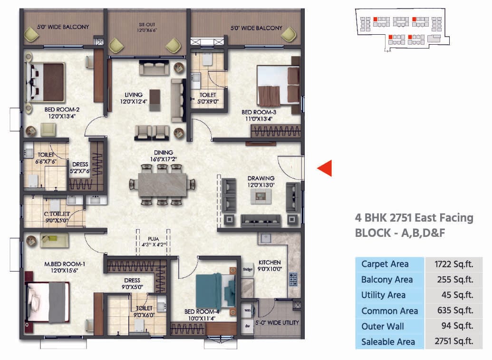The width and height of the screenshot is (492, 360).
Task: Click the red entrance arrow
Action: tap(325, 168)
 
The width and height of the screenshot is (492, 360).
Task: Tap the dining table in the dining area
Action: tap(163, 184)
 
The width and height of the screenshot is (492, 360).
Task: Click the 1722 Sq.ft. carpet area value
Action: tap(453, 264)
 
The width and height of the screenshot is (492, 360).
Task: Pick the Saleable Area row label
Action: tap(388, 341)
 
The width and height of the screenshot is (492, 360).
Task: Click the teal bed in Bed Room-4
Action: tap(215, 291)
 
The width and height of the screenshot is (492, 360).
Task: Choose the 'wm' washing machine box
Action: tap(247, 311)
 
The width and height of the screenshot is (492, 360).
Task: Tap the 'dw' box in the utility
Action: tap(247, 326)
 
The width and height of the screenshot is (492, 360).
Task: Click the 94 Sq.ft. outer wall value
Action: tap(453, 326)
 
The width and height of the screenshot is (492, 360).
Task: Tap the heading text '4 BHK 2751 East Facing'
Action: tap(414, 218)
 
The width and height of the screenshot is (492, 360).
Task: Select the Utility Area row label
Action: tap(383, 295)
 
